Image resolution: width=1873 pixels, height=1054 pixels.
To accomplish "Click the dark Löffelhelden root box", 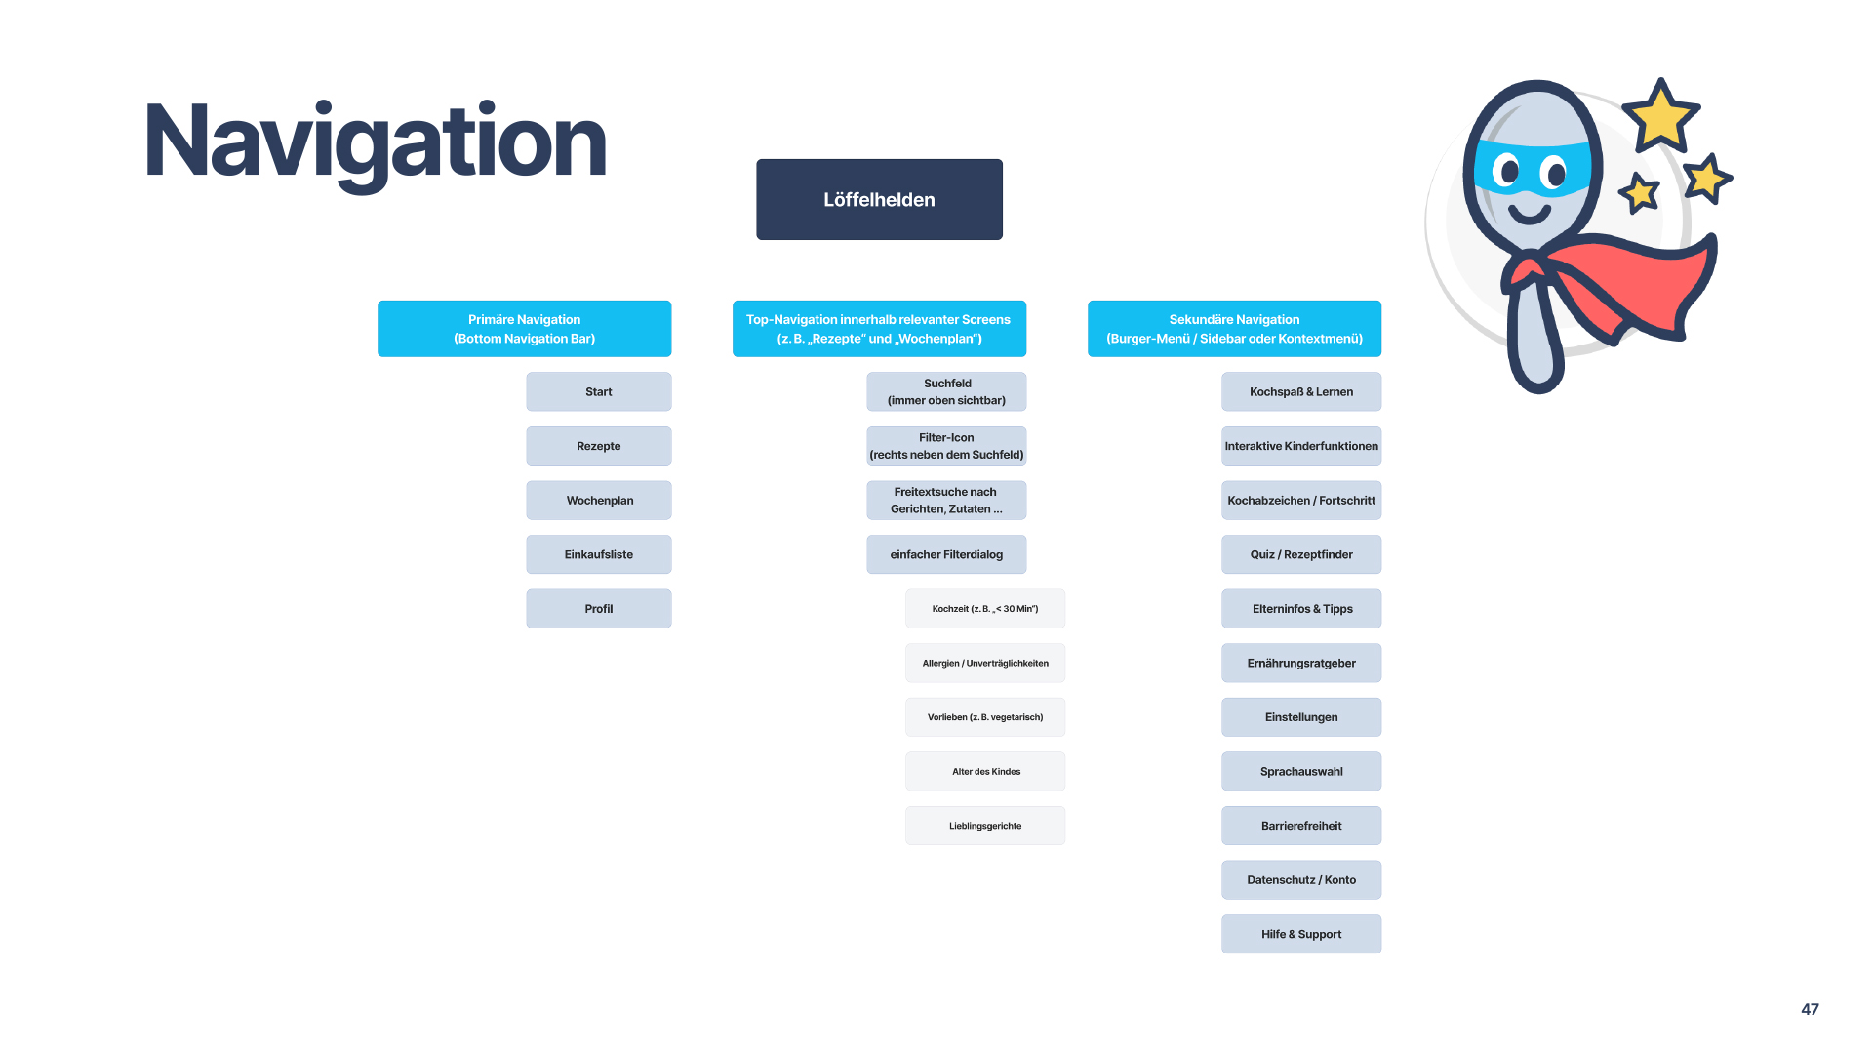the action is (x=879, y=199).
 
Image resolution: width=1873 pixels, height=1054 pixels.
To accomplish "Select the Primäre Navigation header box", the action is (x=524, y=329).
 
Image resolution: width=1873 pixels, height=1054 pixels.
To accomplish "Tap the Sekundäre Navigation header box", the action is (x=1234, y=329).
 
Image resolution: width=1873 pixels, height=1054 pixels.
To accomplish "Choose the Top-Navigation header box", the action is (x=879, y=329).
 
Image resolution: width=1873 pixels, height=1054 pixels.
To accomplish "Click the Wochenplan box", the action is (x=599, y=501).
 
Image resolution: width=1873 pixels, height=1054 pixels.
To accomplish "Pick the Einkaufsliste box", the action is (x=599, y=554).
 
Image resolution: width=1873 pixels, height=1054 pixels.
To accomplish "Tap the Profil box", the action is (x=599, y=609).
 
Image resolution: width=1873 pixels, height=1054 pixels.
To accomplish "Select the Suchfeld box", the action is (x=946, y=391).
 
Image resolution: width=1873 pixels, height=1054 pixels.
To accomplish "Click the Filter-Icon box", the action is (x=946, y=446).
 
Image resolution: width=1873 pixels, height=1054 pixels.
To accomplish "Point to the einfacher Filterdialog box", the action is (x=946, y=554).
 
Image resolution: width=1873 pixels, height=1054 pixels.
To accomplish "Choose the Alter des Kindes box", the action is (x=985, y=771).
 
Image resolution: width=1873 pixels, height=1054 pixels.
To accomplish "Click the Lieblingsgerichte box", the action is (x=985, y=826).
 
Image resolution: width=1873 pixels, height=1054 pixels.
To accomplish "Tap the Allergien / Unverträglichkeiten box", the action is (x=985, y=663).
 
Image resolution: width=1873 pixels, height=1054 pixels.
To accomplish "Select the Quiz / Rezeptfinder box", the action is (x=1301, y=554).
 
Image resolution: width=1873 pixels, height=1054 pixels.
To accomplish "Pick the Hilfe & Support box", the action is (x=1301, y=934).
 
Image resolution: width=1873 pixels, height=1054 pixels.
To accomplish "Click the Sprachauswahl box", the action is (x=1301, y=771).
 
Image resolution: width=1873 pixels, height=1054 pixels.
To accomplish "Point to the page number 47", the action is (x=1810, y=1009).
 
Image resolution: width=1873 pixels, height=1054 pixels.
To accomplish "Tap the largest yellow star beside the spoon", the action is (x=1660, y=116).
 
